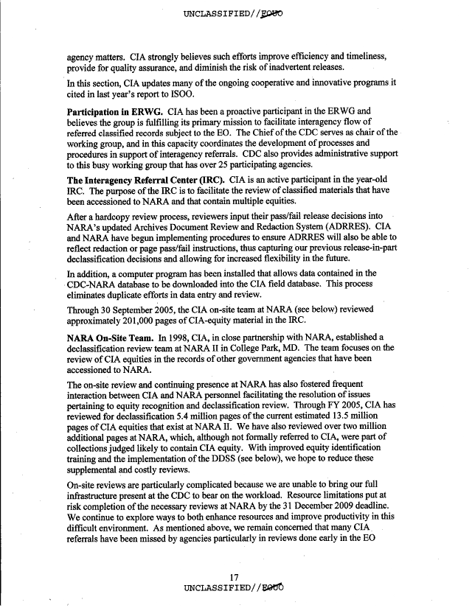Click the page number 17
coord(236,577)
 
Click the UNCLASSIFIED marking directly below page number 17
coord(236,588)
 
